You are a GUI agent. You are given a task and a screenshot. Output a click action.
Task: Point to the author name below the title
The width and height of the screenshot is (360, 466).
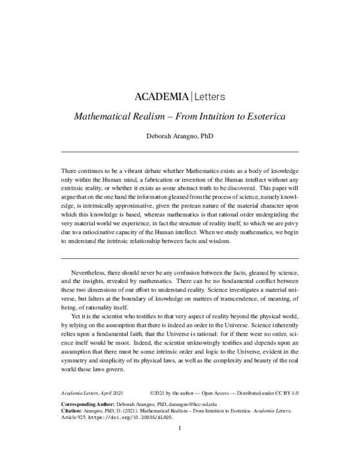(x=180, y=135)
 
